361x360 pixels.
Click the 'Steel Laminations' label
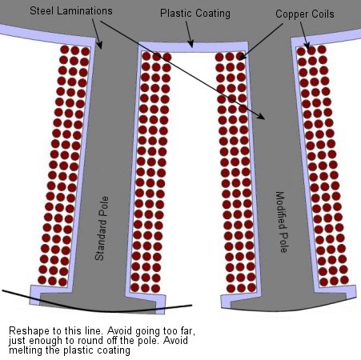tap(71, 11)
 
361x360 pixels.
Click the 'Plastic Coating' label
tap(195, 14)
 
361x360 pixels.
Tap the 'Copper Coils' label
tap(305, 14)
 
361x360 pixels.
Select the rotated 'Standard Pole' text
tap(102, 228)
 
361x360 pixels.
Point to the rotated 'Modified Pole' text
tap(281, 222)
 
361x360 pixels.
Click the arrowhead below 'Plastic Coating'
tap(191, 44)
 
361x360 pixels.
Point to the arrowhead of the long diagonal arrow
tap(262, 116)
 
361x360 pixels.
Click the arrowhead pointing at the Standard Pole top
tap(99, 46)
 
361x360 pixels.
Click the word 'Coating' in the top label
tap(213, 14)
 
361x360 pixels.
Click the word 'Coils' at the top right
tap(323, 14)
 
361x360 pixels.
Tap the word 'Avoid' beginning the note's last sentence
tap(175, 341)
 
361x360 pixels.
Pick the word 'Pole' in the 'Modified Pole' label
tap(283, 242)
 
